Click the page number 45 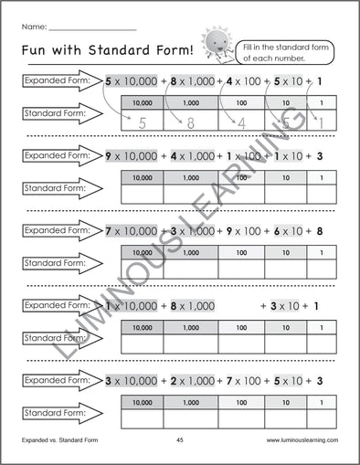(180, 440)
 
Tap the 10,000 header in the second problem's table (143, 176)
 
